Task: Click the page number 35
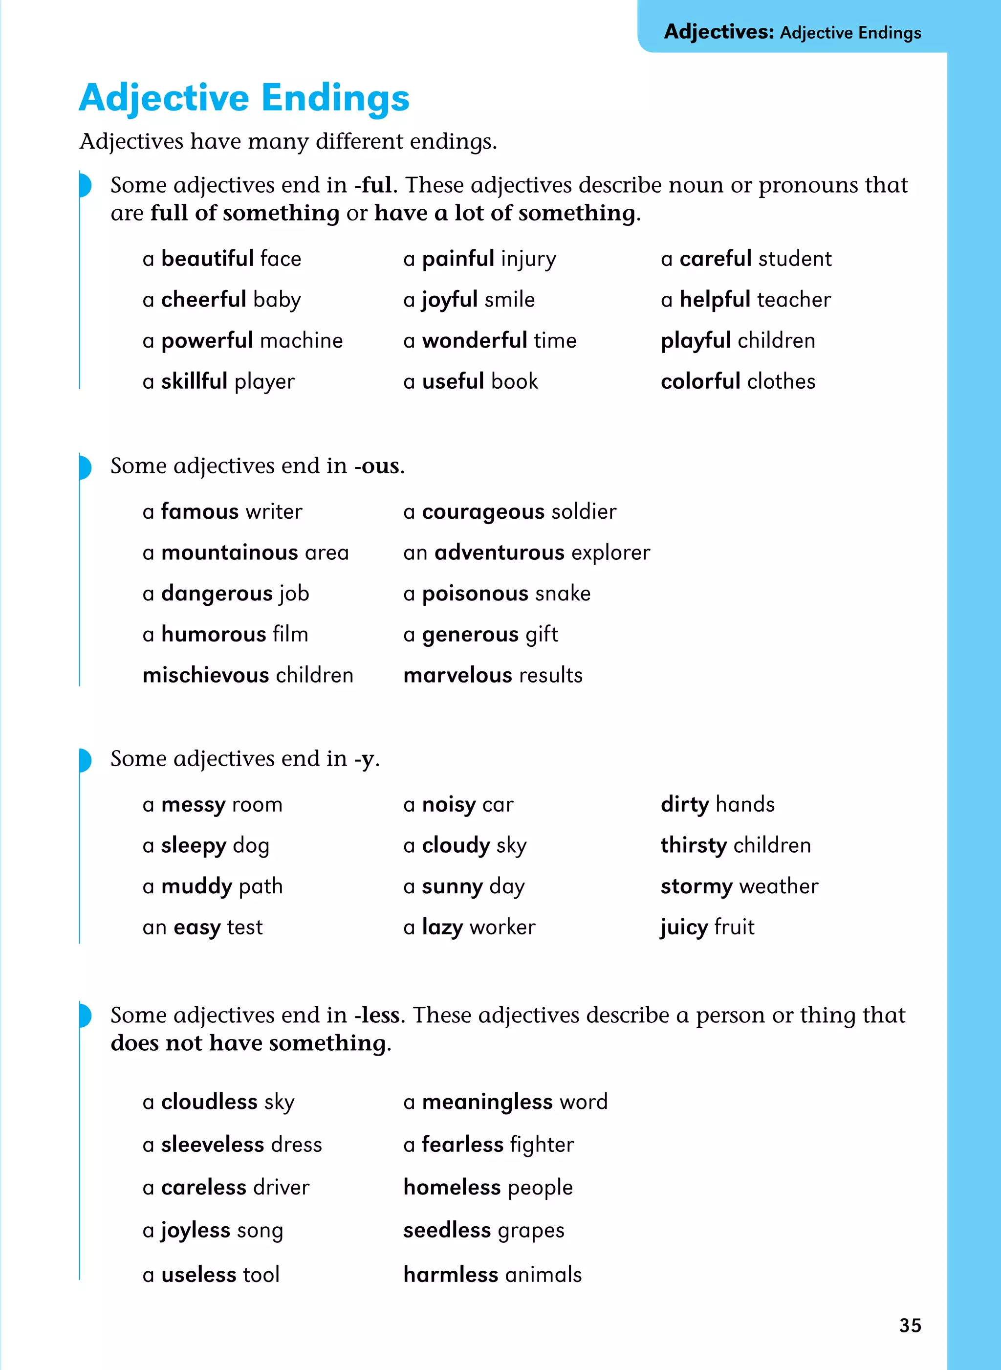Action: pos(910,1325)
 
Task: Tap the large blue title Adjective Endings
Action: pos(244,98)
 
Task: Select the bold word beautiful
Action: pos(207,259)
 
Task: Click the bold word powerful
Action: pos(207,341)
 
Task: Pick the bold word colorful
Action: pos(700,381)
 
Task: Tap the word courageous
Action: pos(483,511)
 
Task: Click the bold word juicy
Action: pos(684,927)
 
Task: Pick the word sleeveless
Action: pos(212,1145)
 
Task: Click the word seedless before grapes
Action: pos(447,1230)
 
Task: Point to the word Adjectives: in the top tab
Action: pos(718,31)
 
